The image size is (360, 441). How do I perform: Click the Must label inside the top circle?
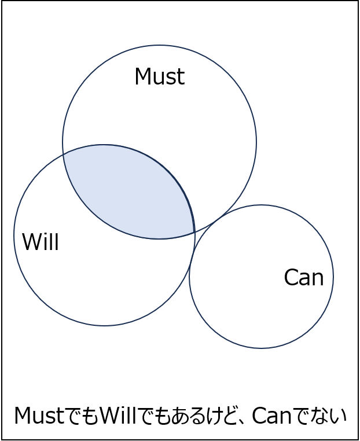pos(160,76)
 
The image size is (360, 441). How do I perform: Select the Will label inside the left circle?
pos(41,241)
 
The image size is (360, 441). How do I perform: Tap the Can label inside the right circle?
pos(304,277)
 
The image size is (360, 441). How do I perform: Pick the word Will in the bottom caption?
pos(118,416)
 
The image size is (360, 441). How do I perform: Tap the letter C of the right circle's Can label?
pos(291,277)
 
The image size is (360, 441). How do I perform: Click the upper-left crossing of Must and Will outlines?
pos(64,155)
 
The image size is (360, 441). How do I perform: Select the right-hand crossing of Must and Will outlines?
pos(194,232)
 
